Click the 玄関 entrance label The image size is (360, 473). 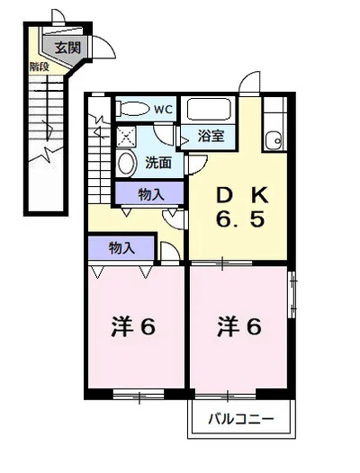tap(68, 48)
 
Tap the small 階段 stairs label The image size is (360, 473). tap(39, 67)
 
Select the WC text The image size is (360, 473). tap(163, 109)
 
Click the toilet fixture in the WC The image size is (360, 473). tap(134, 108)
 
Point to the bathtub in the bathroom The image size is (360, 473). tap(209, 109)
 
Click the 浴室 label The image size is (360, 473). tap(211, 136)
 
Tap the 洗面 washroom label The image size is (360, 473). tap(158, 163)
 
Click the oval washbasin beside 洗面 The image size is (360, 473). tap(126, 163)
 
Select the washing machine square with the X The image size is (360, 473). tap(126, 136)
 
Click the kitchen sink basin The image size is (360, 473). tap(274, 140)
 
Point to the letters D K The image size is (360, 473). tap(242, 195)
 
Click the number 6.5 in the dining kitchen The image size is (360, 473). tap(240, 219)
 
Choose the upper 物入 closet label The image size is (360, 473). tap(151, 194)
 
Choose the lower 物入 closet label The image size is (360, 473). tap(121, 248)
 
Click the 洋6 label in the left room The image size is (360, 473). tap(133, 326)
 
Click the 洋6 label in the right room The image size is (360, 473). tap(239, 326)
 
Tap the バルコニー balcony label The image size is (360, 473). tap(241, 419)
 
